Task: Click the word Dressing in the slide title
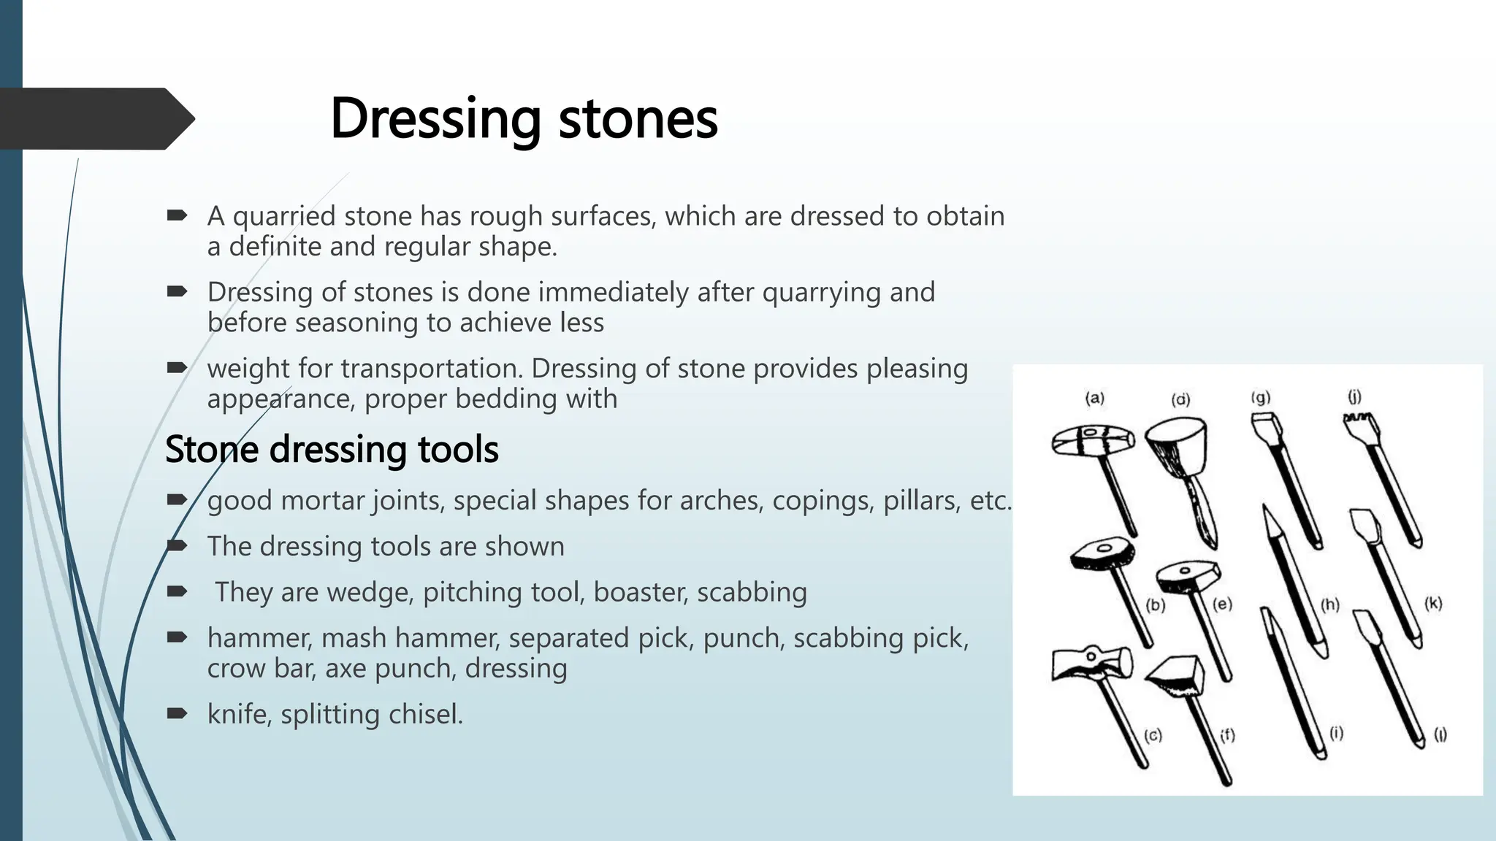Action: (435, 118)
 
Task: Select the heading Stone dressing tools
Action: (332, 449)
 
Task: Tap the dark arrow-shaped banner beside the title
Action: (95, 119)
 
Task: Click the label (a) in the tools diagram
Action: (1094, 398)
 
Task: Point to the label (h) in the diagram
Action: (1329, 604)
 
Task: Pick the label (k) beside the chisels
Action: (1433, 603)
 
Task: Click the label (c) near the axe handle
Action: (1153, 735)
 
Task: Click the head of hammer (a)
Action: (1093, 441)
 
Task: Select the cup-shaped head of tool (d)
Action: (1176, 442)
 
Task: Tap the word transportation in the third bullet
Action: (432, 368)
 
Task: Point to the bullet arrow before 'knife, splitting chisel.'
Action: (177, 713)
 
